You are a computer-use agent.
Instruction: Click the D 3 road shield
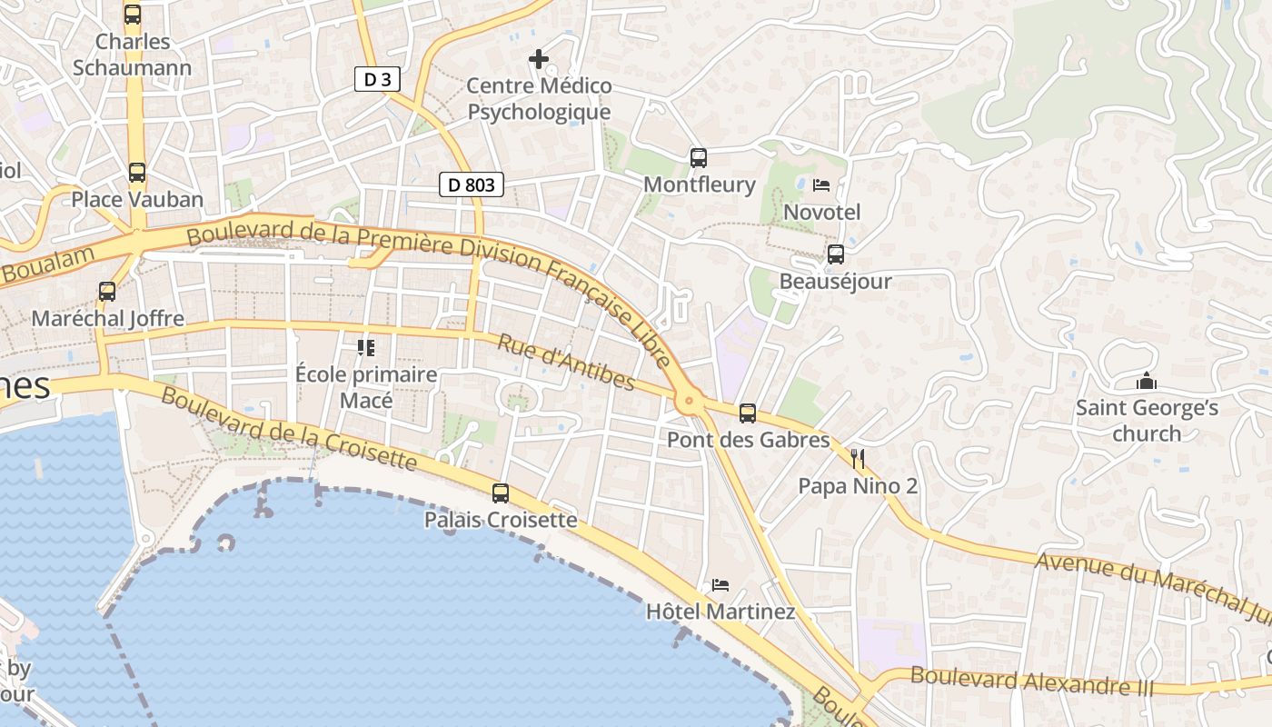point(377,80)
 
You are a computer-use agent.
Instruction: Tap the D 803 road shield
point(472,185)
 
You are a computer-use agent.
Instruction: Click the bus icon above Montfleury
point(698,158)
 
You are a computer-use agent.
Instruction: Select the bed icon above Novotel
point(821,185)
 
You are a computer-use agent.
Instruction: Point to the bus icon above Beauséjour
point(835,254)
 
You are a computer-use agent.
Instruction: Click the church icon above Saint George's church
point(1147,381)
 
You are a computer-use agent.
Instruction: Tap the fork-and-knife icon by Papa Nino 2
point(857,459)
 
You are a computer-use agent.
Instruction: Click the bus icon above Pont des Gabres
point(748,413)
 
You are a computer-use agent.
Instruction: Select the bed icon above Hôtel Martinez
point(720,584)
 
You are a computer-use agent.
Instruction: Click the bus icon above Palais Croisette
point(500,493)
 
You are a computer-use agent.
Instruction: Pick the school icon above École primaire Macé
point(366,348)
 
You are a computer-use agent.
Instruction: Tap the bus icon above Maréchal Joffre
point(107,292)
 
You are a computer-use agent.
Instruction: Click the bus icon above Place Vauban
point(136,173)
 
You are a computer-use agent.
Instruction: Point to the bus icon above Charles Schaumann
point(132,15)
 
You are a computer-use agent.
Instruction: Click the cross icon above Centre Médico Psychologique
point(538,60)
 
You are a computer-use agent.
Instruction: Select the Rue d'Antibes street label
point(565,362)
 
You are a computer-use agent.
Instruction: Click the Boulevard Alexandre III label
point(1031,681)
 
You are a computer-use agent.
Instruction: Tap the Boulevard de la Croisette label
point(289,430)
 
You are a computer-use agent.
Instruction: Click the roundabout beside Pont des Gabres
point(690,399)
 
